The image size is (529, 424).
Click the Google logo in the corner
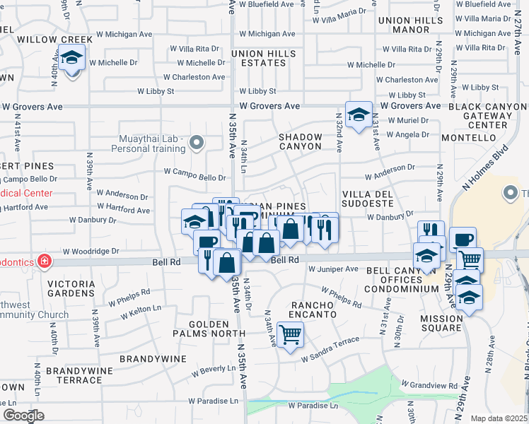click(23, 416)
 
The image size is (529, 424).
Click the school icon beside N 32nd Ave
click(359, 114)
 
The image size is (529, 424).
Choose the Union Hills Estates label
click(264, 59)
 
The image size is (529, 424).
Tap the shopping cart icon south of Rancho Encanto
click(290, 334)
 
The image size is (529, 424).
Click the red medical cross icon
click(45, 261)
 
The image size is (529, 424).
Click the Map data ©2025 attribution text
click(499, 418)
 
